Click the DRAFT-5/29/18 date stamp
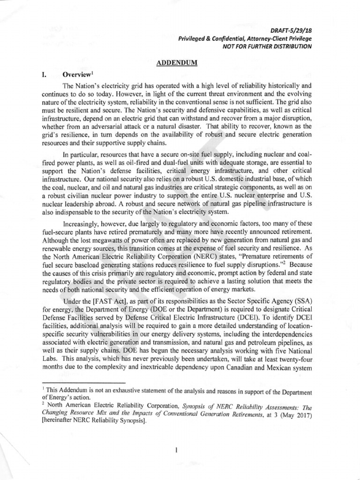[x=293, y=30]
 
